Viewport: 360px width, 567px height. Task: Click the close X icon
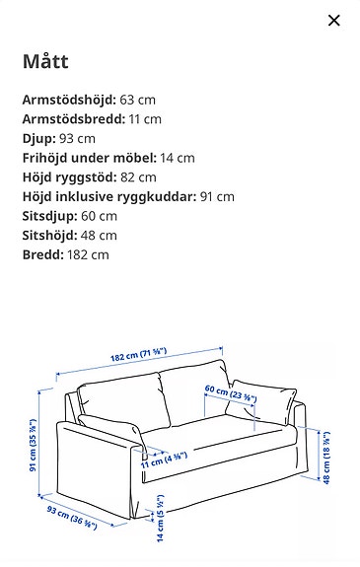(x=333, y=21)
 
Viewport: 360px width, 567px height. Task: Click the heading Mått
(x=44, y=62)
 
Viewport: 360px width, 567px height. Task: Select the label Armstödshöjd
(x=68, y=100)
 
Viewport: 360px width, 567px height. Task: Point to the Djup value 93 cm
(x=81, y=138)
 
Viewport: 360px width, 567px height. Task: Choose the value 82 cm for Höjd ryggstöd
(x=137, y=177)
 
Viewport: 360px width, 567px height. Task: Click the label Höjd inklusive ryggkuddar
(x=109, y=196)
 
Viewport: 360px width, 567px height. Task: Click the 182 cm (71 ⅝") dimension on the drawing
(x=138, y=356)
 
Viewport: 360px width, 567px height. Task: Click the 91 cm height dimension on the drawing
(x=35, y=445)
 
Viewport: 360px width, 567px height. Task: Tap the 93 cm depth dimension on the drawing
(x=72, y=518)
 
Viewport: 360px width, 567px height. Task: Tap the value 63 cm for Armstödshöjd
(x=137, y=100)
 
